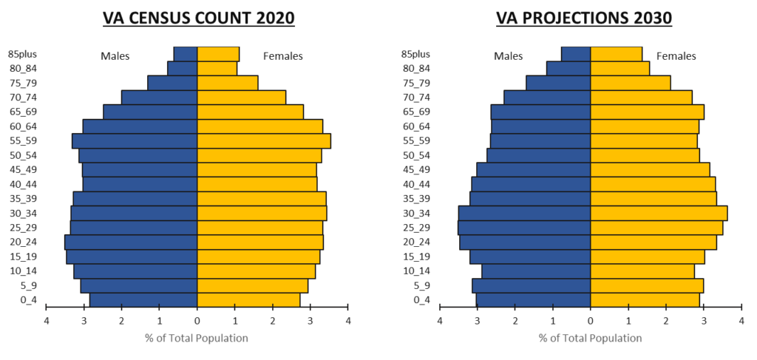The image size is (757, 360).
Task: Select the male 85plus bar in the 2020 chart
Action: (186, 54)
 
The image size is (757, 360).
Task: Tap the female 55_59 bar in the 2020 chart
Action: (263, 140)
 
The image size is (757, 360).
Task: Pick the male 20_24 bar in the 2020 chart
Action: (131, 242)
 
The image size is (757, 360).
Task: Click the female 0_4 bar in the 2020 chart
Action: (248, 299)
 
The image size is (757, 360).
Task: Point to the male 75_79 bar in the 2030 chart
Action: (558, 83)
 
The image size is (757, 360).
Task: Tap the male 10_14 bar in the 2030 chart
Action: (536, 271)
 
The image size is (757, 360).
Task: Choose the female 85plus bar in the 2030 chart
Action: (616, 54)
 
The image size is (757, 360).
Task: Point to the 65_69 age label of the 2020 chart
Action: (22, 112)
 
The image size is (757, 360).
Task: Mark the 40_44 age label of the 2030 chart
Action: (415, 184)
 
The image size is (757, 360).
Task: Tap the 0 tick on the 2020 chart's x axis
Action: (197, 320)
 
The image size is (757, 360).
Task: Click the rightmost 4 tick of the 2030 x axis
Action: (741, 320)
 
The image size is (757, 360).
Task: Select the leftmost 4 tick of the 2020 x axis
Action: (46, 320)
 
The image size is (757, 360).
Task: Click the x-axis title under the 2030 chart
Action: (590, 338)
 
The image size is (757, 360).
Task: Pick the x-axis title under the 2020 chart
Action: (197, 338)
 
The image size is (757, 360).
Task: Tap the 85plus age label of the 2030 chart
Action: (415, 54)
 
